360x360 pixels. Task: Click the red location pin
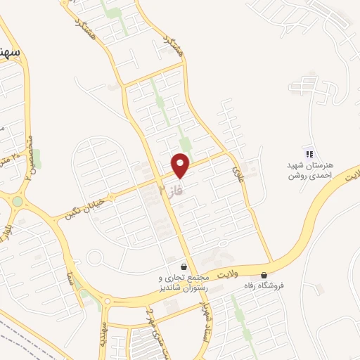(181, 165)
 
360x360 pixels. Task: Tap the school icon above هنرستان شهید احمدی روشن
(307, 154)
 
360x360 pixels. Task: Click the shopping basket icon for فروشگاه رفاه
(264, 275)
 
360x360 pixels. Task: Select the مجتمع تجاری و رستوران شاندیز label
(182, 282)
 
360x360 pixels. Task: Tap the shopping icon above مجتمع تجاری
(184, 266)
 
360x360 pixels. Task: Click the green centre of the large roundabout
(16, 202)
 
